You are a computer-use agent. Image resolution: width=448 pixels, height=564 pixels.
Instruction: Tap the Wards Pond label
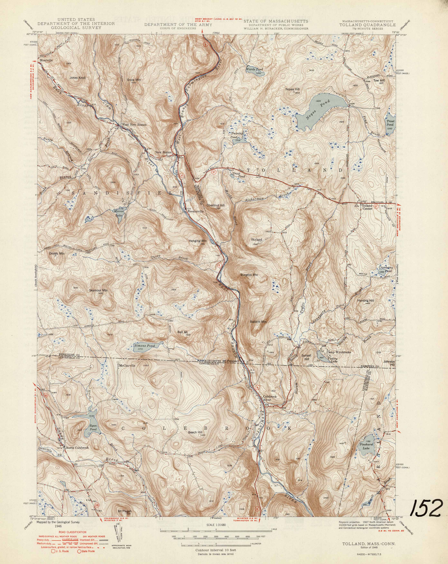pyautogui.click(x=254, y=70)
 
